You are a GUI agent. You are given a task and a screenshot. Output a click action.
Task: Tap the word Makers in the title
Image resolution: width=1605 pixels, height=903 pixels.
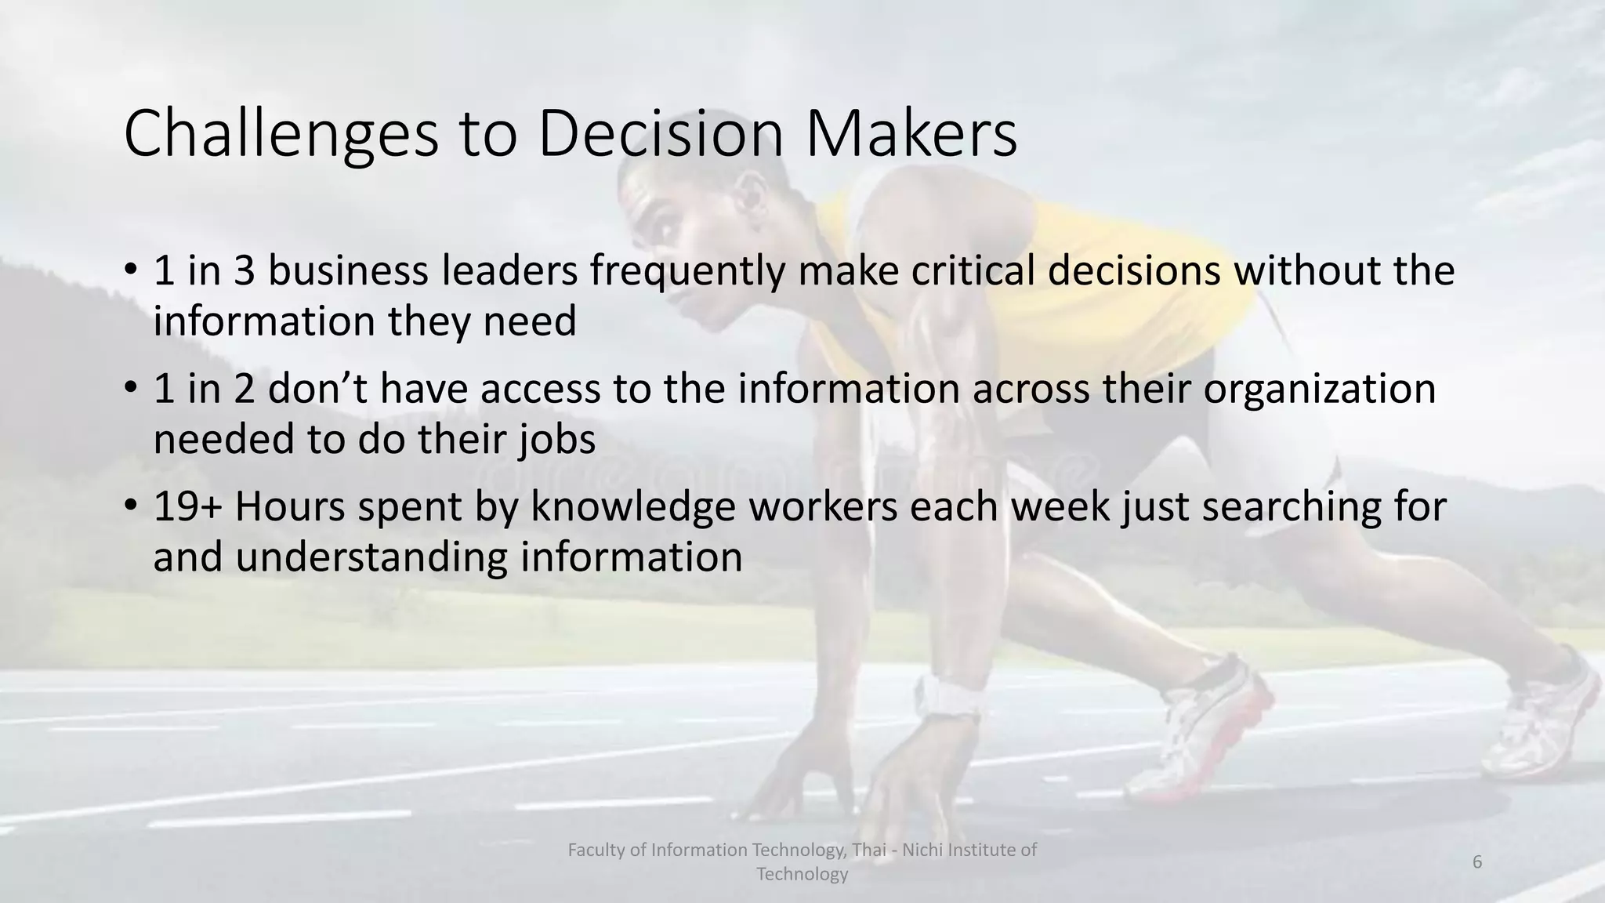pos(911,134)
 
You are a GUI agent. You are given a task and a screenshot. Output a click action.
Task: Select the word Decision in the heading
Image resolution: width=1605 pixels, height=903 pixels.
pos(661,134)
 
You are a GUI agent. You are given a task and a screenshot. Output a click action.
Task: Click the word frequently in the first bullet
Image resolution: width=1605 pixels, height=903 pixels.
pos(686,271)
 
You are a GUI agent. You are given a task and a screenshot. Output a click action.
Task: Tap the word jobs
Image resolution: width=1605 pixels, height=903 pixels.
pos(557,439)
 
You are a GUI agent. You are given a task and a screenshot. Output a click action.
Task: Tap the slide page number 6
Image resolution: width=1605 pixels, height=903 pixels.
pos(1477,862)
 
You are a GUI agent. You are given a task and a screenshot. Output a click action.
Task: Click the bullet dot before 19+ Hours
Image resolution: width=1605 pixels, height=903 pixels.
pos(131,506)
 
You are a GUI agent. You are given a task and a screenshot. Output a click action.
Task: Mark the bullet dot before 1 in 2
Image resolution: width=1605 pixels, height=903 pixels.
pos(131,388)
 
